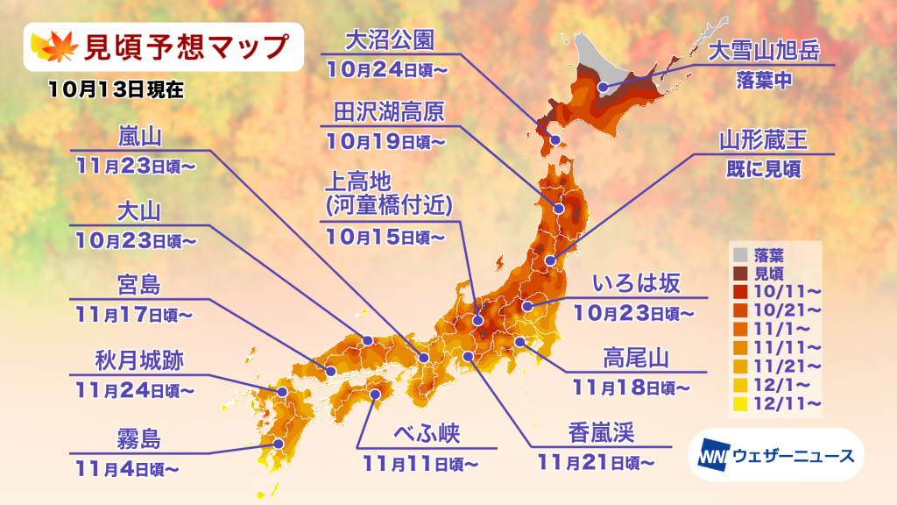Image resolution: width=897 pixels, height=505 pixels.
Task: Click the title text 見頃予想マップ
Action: coord(183,46)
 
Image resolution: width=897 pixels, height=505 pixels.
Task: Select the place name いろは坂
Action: coord(634,283)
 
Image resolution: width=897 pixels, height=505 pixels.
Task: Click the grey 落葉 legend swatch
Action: coord(739,255)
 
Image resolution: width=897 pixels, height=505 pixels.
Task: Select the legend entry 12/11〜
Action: coord(788,402)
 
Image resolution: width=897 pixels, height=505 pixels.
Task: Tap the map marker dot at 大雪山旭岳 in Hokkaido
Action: coord(603,88)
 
